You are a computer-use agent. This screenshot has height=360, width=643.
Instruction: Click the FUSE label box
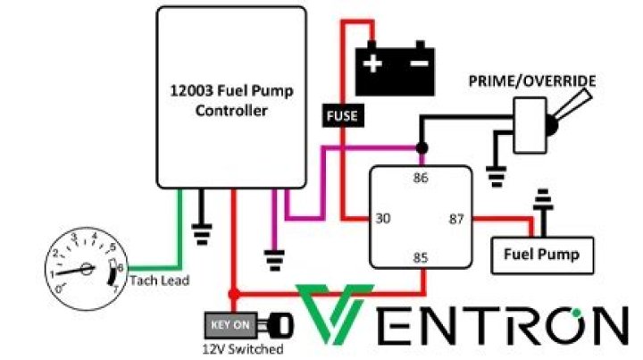[x=340, y=115]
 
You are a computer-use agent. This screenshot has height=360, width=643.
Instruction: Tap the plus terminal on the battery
[x=372, y=64]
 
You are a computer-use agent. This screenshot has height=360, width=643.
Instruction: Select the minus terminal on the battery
[x=417, y=64]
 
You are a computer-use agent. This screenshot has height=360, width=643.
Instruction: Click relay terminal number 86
[x=421, y=178]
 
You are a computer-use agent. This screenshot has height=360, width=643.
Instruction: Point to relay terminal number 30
[x=382, y=218]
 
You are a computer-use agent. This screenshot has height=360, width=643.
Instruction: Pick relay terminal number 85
[x=421, y=258]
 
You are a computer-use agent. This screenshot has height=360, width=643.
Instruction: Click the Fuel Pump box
[x=541, y=255]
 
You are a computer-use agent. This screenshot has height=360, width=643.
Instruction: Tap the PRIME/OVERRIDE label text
[x=532, y=83]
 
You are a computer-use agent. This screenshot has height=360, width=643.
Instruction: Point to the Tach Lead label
[x=160, y=280]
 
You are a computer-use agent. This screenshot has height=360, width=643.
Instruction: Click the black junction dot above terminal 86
[x=421, y=147]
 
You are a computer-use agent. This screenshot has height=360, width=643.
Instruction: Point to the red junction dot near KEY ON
[x=234, y=294]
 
